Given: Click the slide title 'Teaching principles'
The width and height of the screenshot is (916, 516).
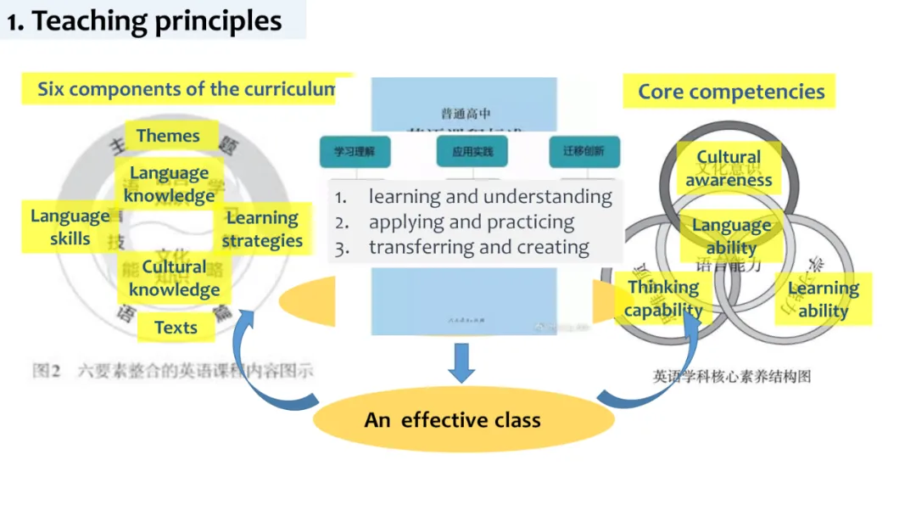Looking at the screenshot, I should point(144,20).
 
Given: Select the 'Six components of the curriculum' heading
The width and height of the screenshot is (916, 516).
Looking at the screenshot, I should point(187,89).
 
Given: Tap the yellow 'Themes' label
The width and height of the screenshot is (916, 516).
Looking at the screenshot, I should point(168,136).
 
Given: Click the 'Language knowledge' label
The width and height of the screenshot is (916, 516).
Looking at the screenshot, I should point(169,184).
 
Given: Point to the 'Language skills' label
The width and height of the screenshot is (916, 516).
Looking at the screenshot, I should point(70,227).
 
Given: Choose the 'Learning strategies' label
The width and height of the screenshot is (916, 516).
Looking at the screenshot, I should point(262,229).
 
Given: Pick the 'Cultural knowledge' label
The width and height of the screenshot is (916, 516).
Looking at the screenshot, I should point(174,278).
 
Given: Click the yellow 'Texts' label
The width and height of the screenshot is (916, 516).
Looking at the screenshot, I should point(176,328).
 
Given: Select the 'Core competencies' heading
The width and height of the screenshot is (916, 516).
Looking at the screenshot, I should point(731,92).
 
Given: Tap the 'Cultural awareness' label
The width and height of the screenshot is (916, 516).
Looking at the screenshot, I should point(729,168).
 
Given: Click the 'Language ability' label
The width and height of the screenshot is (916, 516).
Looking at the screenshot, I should point(731,236).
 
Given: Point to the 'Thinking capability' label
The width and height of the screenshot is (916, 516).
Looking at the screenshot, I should point(663,299).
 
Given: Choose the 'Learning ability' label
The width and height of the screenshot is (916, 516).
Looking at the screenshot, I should point(823,300).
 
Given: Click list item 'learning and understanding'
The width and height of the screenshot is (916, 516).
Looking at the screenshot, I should point(489,197).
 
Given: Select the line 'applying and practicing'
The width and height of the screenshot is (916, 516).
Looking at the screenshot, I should point(471,222).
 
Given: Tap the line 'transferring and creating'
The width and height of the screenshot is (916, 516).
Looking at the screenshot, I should point(478,248).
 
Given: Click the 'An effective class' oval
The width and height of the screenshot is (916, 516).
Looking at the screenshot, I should point(452,420).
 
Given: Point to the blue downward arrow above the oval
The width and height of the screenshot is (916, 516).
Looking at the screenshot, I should point(462,362).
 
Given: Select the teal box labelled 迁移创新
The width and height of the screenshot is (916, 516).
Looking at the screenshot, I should point(584,152).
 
